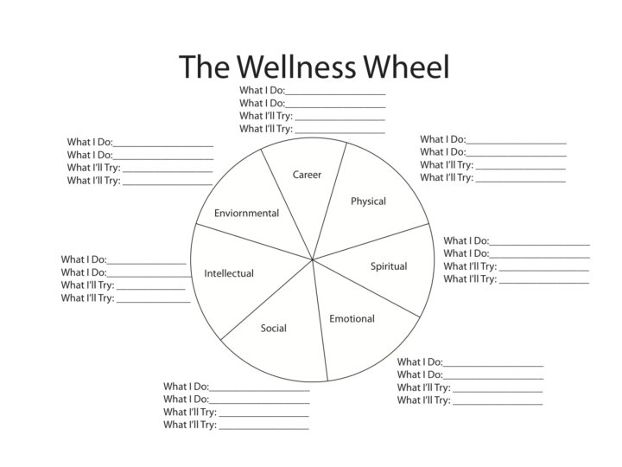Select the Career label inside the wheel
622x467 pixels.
tap(307, 175)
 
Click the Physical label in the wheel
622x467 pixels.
tap(368, 202)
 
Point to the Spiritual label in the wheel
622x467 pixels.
tap(389, 266)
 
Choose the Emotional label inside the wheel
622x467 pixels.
tap(352, 319)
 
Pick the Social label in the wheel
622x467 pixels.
tap(274, 329)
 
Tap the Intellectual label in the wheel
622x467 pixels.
tap(229, 273)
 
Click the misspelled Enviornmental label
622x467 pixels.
tap(247, 213)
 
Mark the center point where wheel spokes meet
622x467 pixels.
tap(312, 257)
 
